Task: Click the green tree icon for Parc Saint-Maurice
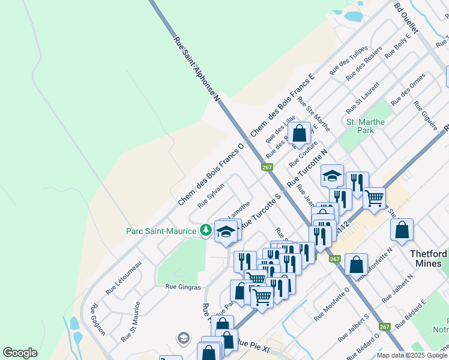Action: click(x=206, y=230)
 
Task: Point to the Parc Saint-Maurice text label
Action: click(x=161, y=231)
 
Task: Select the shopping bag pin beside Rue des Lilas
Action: click(x=299, y=133)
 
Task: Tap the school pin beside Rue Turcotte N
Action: click(x=332, y=176)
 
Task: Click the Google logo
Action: click(x=20, y=353)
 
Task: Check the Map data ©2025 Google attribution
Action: click(x=412, y=355)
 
